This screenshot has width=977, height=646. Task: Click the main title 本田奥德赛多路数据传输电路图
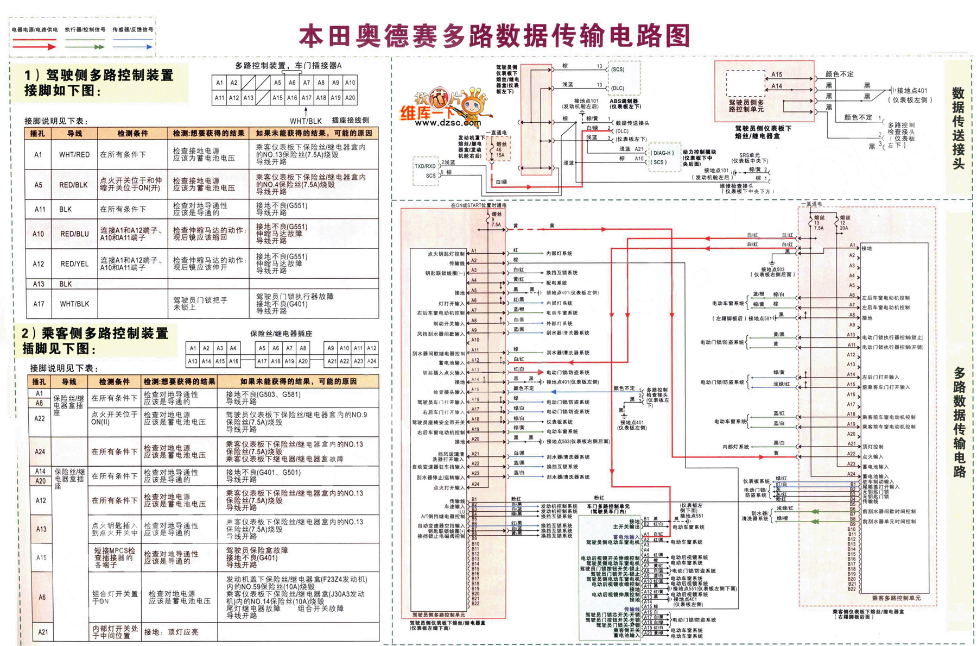[494, 36]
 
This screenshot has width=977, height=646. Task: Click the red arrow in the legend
[34, 47]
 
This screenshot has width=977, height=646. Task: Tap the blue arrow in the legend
[132, 47]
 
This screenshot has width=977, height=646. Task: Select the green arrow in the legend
[84, 47]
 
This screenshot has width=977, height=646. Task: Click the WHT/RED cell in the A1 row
[74, 155]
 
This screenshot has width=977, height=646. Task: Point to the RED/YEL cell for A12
[74, 264]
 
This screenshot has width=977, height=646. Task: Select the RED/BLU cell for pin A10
[74, 234]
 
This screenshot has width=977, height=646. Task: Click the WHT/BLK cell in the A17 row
[74, 304]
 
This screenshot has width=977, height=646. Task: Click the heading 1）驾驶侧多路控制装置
[99, 76]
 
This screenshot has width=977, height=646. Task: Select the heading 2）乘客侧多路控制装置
[96, 333]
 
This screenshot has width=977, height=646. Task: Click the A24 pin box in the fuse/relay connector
[372, 361]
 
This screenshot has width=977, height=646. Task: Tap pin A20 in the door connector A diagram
[350, 98]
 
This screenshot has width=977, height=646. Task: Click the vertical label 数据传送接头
[958, 128]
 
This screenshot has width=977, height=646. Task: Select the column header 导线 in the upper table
[74, 134]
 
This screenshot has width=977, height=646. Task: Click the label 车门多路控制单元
[608, 506]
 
